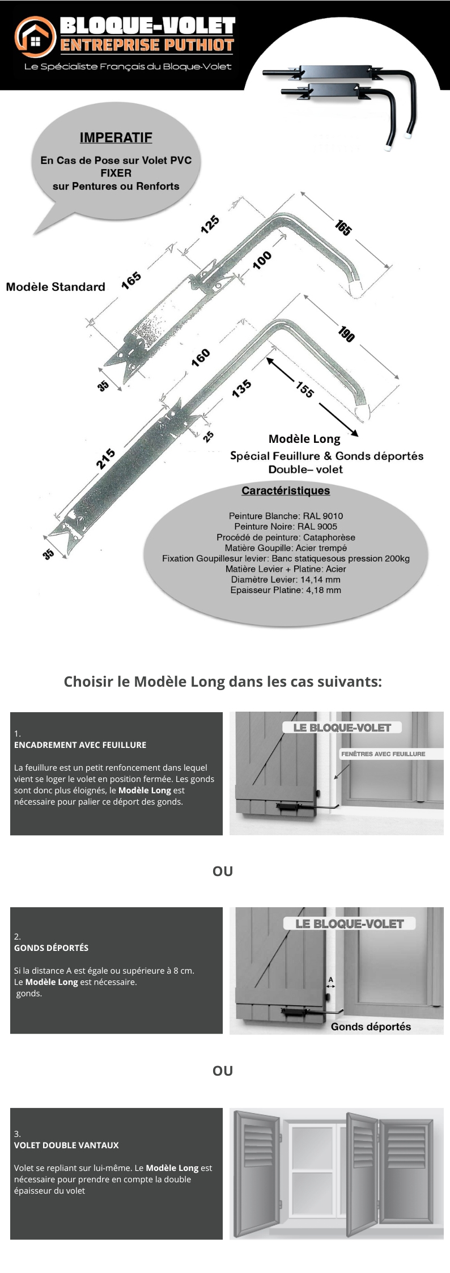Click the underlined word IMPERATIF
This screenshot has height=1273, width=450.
coord(116,138)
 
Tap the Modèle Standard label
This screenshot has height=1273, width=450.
coord(56,287)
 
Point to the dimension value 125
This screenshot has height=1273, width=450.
coord(210,225)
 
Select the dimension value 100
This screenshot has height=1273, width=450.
coord(262,260)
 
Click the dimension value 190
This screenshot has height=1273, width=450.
coord(346,334)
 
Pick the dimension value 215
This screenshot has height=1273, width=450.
coord(106,459)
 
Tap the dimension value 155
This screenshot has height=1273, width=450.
coord(304,390)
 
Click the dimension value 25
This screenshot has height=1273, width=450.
coord(209,436)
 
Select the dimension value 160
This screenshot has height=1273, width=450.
coord(201,358)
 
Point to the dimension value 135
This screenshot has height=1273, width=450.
coord(241,388)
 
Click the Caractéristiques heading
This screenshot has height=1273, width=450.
coord(286,490)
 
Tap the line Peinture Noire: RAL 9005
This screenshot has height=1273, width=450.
coord(286,526)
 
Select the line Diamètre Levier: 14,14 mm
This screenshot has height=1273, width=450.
coord(286,580)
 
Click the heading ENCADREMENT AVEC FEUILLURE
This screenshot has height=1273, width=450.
coord(80,745)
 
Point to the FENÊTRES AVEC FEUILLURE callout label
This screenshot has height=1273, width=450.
coord(383,754)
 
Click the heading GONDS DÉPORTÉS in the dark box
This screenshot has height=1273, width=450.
coord(51,948)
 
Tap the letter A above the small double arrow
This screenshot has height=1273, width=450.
coord(331,979)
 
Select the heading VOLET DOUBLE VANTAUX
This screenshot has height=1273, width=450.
coord(66,1145)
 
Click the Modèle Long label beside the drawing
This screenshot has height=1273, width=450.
coord(304,439)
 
